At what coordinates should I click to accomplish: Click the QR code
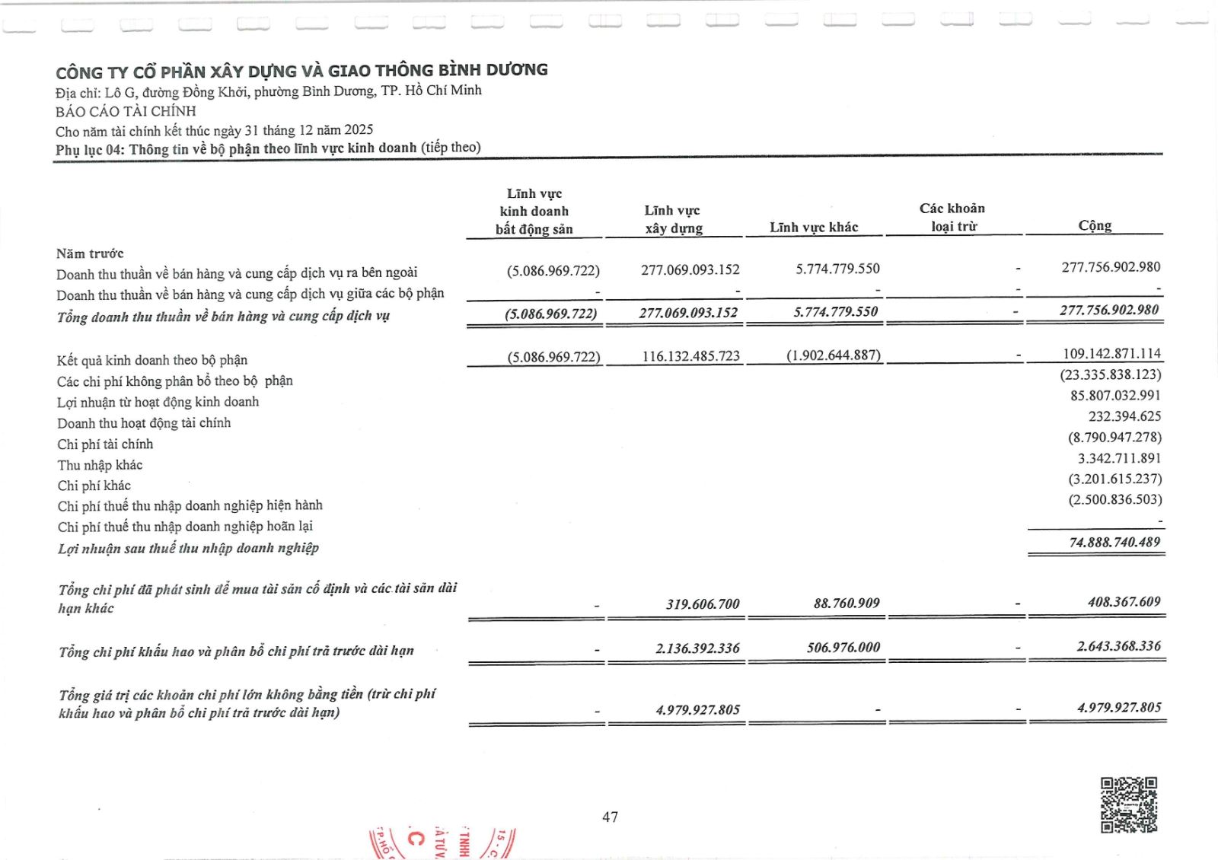pos(1129,804)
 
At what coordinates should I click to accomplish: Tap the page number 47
pos(610,817)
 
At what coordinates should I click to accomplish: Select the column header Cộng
pos(1095,225)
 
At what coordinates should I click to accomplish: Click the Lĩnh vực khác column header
pos(814,227)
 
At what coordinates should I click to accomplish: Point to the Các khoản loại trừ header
pos(952,217)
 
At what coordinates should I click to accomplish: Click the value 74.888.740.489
pos(1114,542)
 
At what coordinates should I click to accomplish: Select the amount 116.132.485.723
pos(690,355)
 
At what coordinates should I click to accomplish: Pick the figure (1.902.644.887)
pos(834,355)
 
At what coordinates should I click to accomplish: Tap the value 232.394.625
pos(1124,416)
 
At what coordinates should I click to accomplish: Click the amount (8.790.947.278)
pos(1114,437)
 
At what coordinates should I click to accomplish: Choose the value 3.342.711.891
pos(1119,458)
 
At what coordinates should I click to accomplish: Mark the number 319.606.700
pos(703,604)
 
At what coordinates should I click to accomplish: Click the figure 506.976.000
pos(843,647)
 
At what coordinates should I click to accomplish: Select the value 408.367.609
pos(1124,601)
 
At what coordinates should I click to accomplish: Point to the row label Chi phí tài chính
pos(105,444)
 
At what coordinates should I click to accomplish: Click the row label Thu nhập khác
pos(100,465)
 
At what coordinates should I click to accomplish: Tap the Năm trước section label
pos(90,253)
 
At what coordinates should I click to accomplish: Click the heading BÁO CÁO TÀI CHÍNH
pos(126,111)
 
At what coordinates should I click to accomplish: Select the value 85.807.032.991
pos(1115,395)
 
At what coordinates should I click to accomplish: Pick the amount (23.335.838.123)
pos(1111,374)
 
